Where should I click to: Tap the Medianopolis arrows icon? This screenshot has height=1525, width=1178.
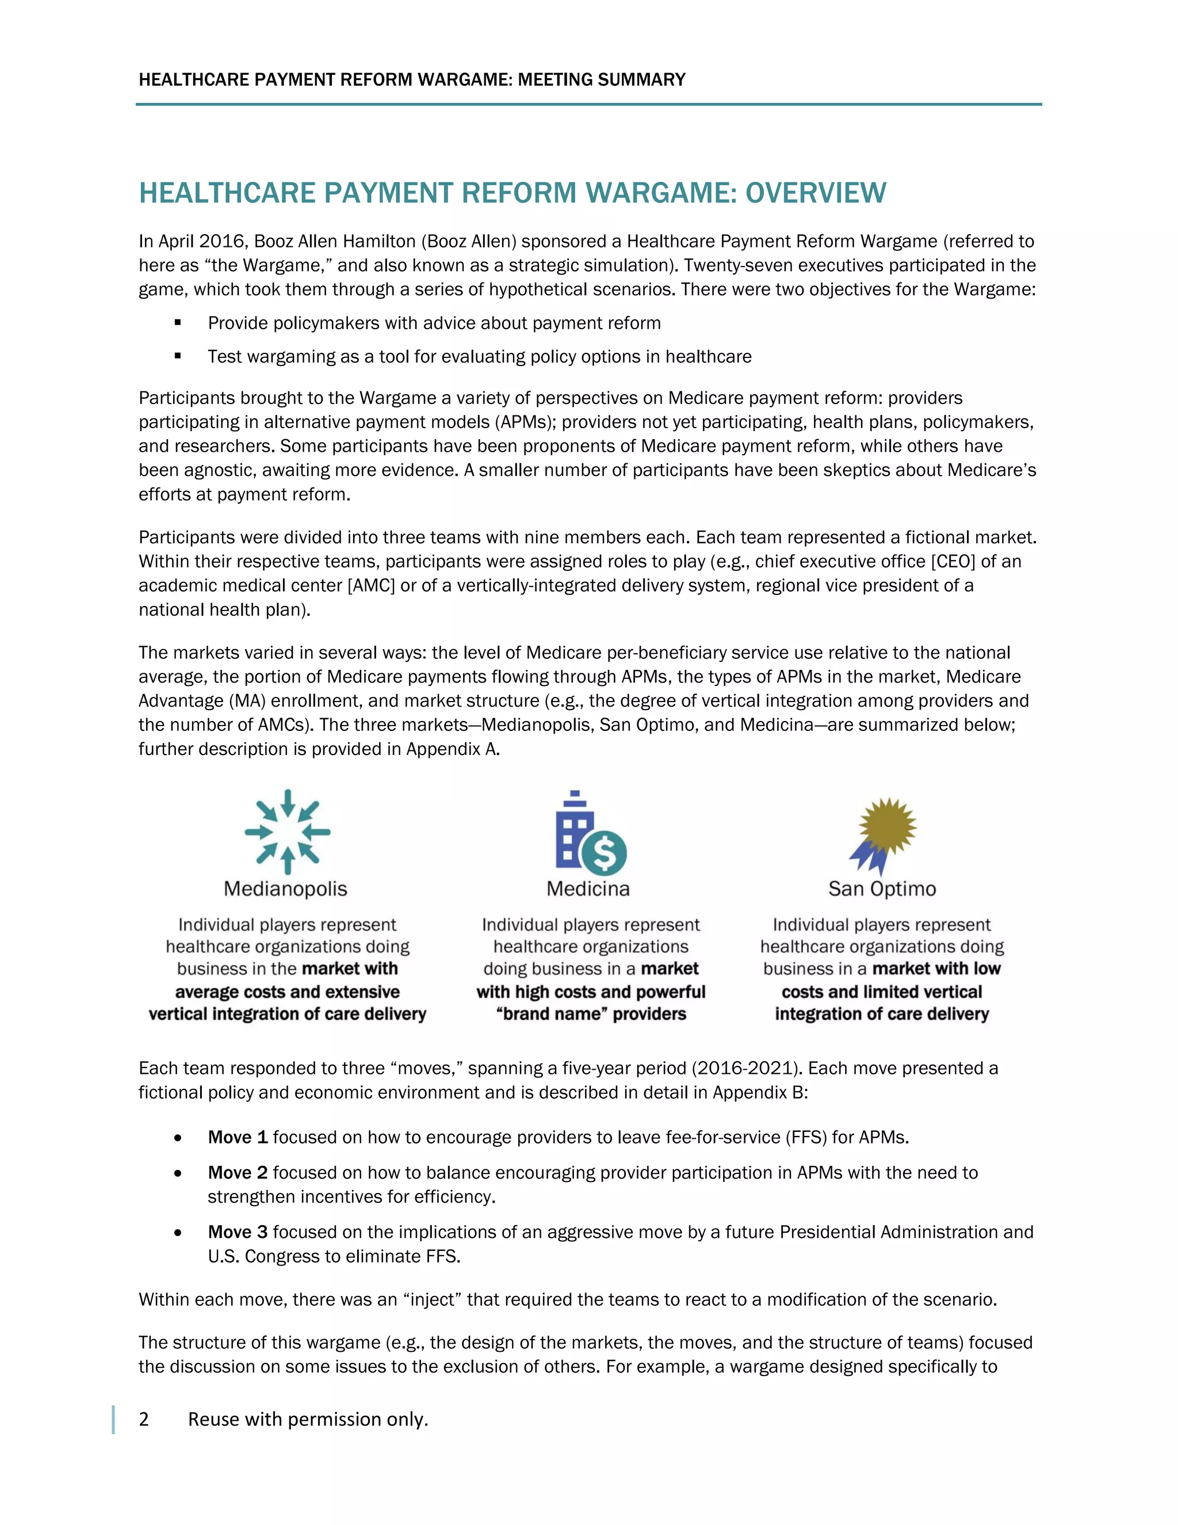point(287,832)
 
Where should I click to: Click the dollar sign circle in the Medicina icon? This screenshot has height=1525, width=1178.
point(605,853)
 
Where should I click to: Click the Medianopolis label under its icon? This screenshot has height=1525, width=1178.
point(285,889)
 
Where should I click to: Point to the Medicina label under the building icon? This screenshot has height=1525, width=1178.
point(588,889)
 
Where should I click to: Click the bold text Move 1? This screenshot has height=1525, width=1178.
point(238,1138)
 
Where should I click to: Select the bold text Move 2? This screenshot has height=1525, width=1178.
point(238,1172)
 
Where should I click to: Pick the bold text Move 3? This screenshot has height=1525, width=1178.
point(238,1232)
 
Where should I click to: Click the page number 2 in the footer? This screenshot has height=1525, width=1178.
point(144,1420)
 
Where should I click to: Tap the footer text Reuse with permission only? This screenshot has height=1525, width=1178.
point(308,1420)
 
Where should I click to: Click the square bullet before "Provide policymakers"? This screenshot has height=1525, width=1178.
point(178,323)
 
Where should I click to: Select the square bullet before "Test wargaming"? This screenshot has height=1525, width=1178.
point(178,356)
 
